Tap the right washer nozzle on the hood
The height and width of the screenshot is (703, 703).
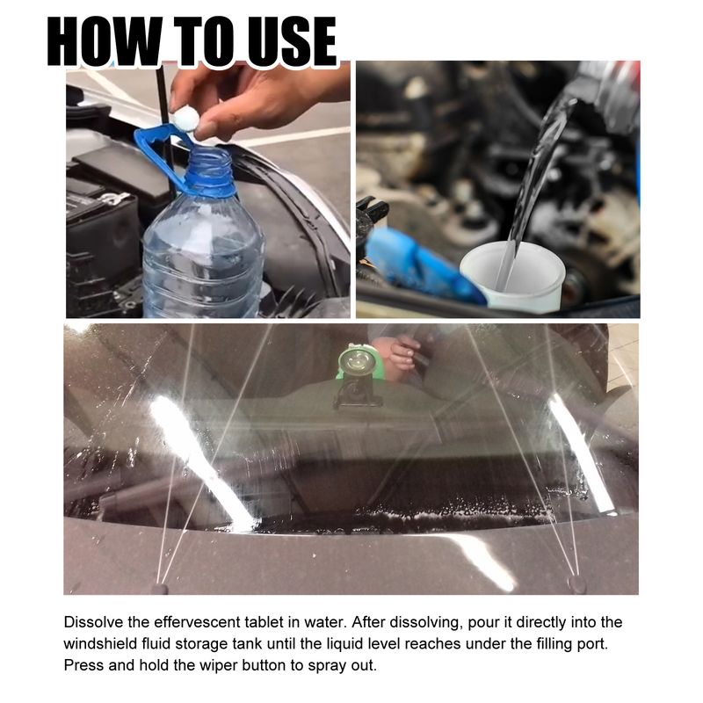coord(577,582)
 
